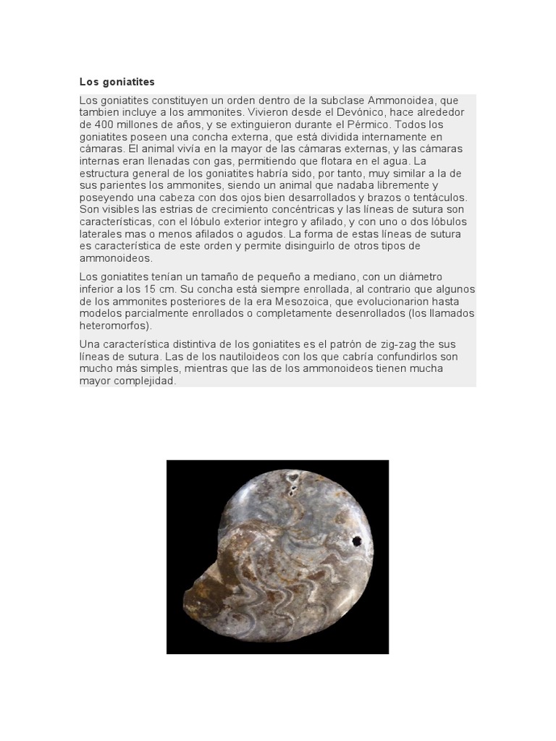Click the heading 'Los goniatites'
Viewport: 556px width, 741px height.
click(x=117, y=82)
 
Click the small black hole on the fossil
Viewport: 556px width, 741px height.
click(x=356, y=540)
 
